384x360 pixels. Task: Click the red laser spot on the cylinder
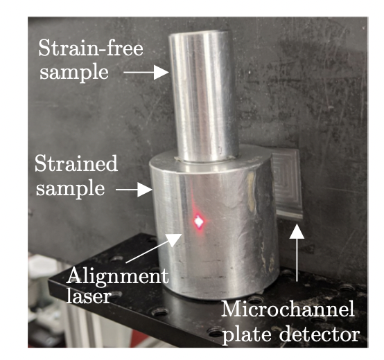(199, 222)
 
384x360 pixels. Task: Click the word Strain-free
(91, 48)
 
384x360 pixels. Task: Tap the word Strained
(76, 163)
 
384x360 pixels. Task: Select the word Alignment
(118, 276)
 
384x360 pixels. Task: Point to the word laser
(89, 296)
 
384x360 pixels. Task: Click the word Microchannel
(288, 309)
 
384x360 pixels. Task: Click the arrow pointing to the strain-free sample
(146, 72)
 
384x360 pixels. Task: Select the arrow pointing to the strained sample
(134, 190)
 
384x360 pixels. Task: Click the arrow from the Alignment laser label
(154, 248)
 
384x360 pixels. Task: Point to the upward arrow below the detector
(297, 253)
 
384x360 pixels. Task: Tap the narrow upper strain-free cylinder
(204, 96)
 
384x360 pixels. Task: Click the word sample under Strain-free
(73, 73)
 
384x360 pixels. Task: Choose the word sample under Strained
(70, 188)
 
